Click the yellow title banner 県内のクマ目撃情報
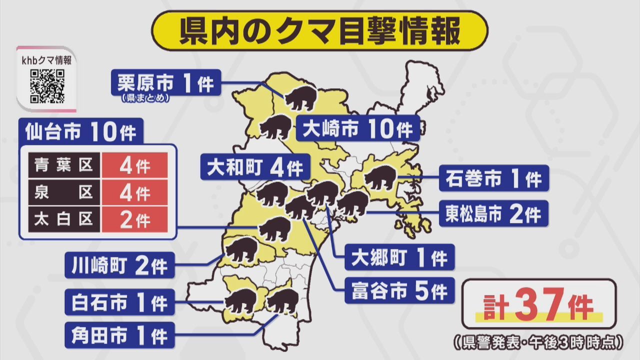click(320, 30)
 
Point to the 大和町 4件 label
click(254, 167)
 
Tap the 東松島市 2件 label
click(493, 213)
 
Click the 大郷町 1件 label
click(399, 257)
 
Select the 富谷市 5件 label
click(399, 290)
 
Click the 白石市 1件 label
click(119, 302)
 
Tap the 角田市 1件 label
click(119, 335)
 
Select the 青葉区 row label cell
click(64, 165)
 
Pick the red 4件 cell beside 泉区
click(134, 192)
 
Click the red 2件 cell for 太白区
click(134, 219)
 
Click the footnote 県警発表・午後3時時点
click(538, 342)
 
